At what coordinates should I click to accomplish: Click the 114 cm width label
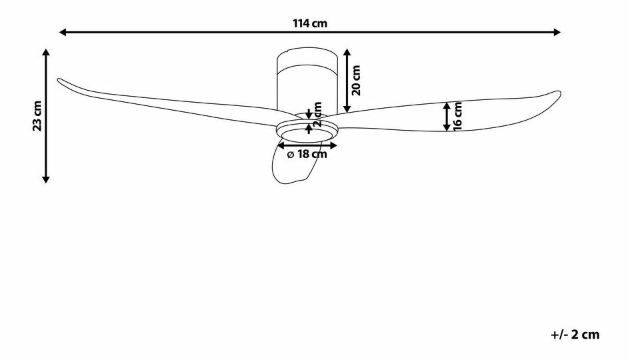(x=310, y=23)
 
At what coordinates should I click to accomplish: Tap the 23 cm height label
(x=38, y=116)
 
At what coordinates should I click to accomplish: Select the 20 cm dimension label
(x=357, y=80)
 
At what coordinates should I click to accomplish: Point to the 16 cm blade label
(x=458, y=117)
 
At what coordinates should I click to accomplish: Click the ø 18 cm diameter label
(x=307, y=155)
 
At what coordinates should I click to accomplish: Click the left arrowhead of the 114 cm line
(x=63, y=31)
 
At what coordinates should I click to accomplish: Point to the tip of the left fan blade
(x=59, y=81)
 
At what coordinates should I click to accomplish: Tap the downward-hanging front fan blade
(x=294, y=164)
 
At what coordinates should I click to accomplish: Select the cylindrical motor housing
(x=307, y=83)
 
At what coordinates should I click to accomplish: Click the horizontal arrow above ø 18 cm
(x=307, y=145)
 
